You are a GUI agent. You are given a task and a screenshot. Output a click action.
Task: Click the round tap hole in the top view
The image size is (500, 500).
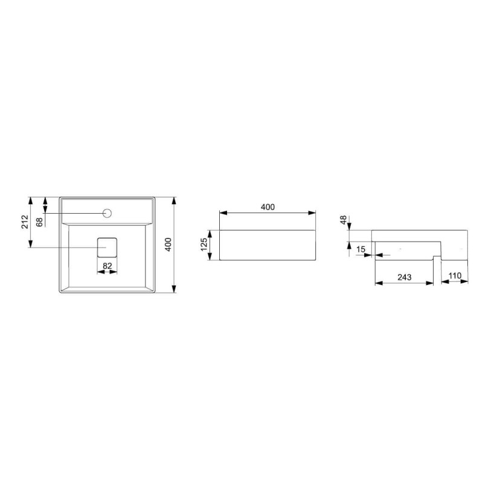click(107, 213)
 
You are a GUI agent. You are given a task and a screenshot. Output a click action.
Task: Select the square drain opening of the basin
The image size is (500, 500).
click(107, 247)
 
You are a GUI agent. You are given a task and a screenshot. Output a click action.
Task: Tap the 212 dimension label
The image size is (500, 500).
click(25, 222)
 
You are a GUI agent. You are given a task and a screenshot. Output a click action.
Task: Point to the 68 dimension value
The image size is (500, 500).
click(39, 222)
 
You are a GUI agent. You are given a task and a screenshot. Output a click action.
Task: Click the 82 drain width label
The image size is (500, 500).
click(107, 266)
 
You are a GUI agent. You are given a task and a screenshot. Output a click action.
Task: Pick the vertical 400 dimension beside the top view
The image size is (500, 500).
click(168, 245)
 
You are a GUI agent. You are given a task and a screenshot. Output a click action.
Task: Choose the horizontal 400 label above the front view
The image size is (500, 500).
click(268, 207)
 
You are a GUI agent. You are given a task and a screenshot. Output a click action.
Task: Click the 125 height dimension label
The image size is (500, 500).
click(204, 245)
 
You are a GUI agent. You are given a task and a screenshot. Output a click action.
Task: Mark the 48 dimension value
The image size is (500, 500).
click(344, 220)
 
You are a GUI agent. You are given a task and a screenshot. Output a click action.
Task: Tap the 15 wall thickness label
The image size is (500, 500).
click(361, 249)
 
